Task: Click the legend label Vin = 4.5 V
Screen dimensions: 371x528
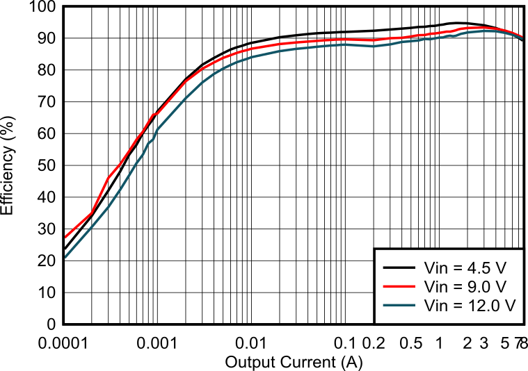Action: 465,267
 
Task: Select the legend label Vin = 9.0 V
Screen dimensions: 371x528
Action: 465,286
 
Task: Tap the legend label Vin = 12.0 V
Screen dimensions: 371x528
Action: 470,306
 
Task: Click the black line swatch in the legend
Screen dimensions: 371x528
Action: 399,267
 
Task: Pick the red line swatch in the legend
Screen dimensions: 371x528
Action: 399,286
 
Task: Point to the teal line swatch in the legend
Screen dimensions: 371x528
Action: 399,306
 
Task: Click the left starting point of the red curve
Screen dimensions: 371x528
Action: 65,238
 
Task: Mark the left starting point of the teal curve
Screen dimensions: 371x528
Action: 65,258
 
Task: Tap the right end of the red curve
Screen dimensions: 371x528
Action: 522,36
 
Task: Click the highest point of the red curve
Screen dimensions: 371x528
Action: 480,28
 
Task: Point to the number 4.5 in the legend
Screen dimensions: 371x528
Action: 479,267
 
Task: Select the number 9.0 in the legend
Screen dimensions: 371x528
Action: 479,286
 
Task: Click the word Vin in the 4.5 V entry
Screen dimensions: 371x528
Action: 436,267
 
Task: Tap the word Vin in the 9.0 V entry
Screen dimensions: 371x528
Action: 436,286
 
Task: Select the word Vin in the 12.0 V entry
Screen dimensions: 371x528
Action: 436,306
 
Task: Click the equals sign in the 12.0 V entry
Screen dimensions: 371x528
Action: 458,306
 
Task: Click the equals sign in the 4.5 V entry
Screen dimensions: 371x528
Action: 458,267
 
